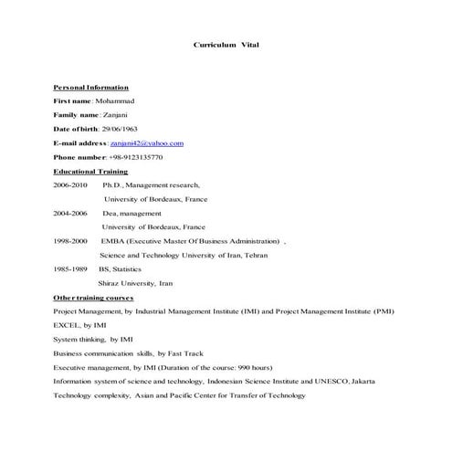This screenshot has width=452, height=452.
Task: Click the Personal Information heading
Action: tap(90, 86)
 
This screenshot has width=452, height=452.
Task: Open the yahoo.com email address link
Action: tap(147, 143)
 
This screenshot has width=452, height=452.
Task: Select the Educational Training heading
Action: tap(90, 171)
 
